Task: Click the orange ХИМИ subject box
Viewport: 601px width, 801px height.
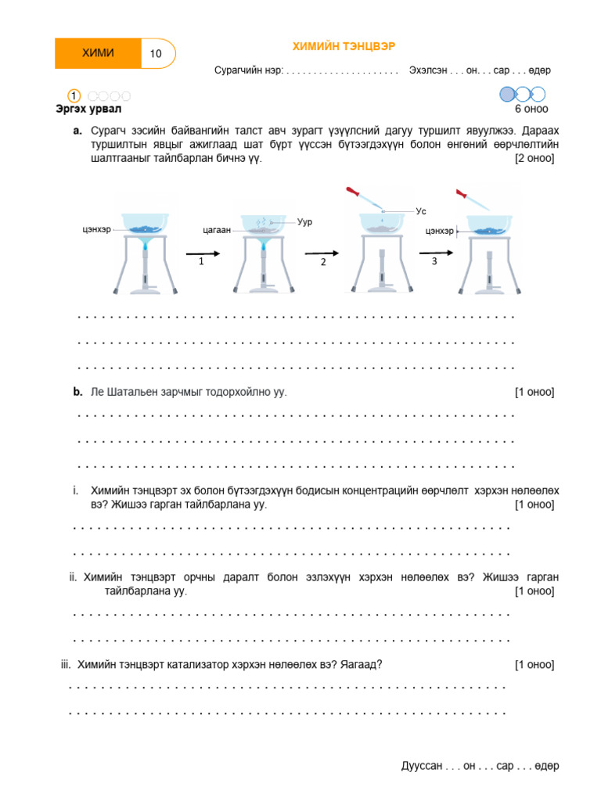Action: coord(98,53)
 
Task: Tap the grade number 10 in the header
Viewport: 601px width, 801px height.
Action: coord(156,54)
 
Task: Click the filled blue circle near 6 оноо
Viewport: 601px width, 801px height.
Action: coord(507,95)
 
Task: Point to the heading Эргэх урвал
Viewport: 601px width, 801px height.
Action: coord(88,109)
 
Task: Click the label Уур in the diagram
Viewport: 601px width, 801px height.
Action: coord(304,222)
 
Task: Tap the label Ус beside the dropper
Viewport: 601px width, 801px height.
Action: coord(420,211)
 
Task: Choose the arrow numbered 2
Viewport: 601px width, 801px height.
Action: coord(321,253)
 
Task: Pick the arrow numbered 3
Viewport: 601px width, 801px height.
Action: coord(436,253)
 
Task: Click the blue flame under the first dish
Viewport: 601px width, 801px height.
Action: coord(145,247)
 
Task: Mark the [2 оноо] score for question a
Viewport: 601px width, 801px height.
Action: coord(534,158)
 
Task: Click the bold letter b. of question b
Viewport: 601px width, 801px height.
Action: coord(77,392)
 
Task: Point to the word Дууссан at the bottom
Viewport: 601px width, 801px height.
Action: coord(422,766)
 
